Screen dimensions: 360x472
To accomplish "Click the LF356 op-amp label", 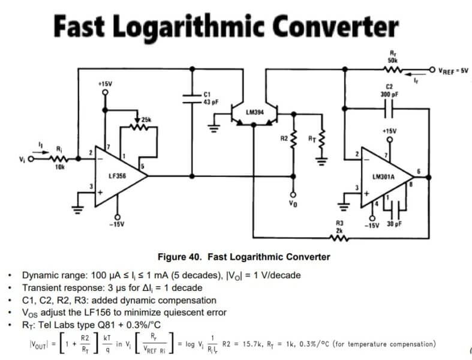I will [x=116, y=176].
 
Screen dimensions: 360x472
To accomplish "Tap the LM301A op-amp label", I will [x=383, y=178].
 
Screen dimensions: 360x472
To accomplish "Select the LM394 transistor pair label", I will [x=255, y=112].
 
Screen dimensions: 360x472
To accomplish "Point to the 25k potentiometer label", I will [x=146, y=120].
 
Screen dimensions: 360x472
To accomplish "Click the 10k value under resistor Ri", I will [x=59, y=167].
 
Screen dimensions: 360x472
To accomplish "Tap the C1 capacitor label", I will [x=207, y=95].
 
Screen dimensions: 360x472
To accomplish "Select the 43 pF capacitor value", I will [x=209, y=102].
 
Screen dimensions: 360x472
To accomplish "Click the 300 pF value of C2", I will [x=389, y=95].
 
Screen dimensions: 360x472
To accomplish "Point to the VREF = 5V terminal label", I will [x=452, y=70].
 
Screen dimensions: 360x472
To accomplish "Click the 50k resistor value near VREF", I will [x=393, y=60].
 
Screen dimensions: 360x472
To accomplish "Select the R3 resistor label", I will [x=339, y=223].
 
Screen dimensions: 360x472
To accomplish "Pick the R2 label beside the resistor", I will [x=284, y=139].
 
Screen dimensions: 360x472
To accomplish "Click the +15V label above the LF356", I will [x=105, y=85].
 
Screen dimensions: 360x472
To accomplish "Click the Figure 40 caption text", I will [x=243, y=257].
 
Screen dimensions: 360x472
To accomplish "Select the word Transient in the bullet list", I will [x=43, y=287].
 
